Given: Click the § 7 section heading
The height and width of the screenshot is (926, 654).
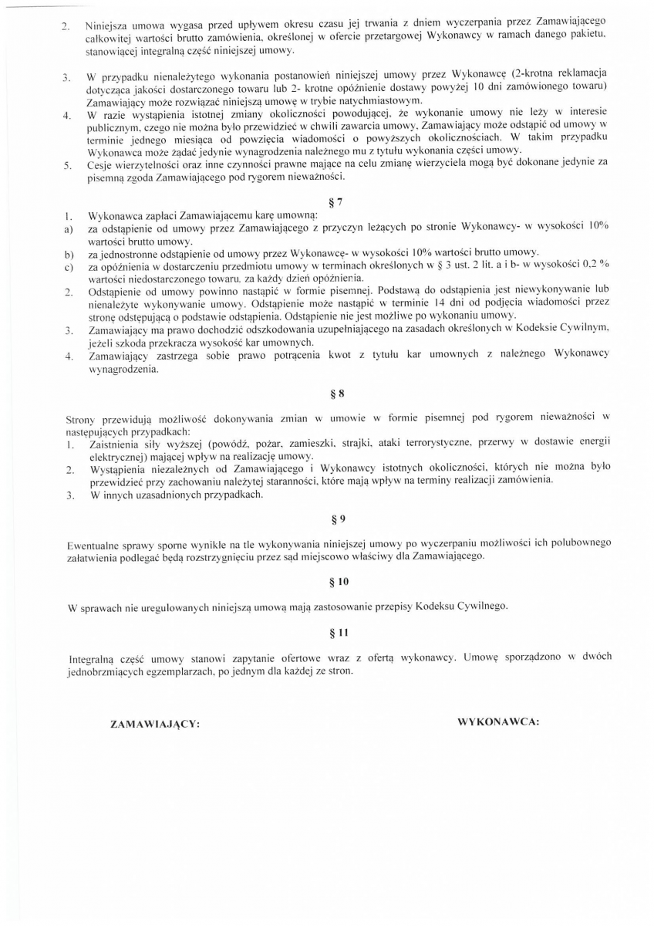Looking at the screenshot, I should click(x=334, y=202).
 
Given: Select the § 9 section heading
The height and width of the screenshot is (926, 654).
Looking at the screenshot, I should click(x=337, y=519).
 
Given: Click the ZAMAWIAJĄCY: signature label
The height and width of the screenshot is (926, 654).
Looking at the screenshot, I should click(x=156, y=725).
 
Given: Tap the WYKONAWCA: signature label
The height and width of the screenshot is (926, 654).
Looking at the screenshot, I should click(x=498, y=722).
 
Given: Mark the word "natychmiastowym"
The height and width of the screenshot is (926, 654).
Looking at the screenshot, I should click(x=383, y=101).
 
